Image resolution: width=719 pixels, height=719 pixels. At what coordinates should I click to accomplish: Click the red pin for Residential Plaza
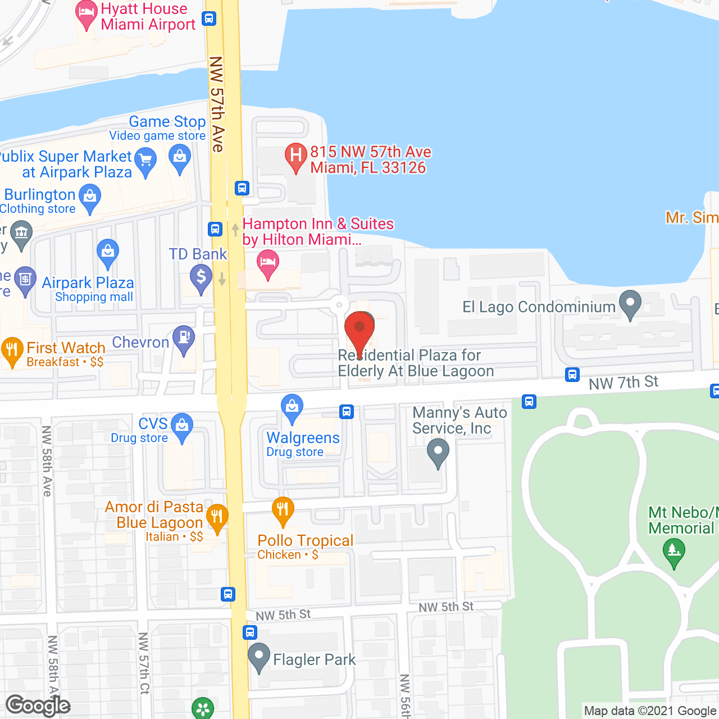(x=359, y=329)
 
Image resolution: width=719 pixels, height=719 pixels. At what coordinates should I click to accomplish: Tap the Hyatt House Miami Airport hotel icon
(x=86, y=13)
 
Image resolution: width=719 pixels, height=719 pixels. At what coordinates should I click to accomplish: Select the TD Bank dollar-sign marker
(x=201, y=276)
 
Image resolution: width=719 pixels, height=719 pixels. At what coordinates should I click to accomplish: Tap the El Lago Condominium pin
(x=630, y=303)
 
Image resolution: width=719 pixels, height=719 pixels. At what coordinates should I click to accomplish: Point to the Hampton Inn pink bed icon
(x=268, y=263)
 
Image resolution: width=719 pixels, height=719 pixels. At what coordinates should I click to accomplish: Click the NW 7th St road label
(x=623, y=383)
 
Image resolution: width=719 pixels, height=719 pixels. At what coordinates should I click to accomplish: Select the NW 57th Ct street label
(x=144, y=663)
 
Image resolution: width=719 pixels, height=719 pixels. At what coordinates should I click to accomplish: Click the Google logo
(x=38, y=706)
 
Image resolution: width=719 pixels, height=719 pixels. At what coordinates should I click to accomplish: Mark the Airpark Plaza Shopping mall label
(x=88, y=289)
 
